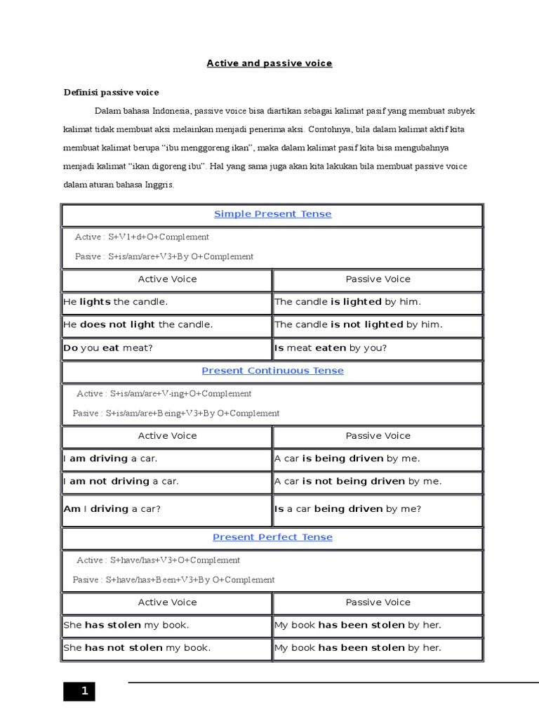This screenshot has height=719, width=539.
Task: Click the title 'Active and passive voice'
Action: point(269,63)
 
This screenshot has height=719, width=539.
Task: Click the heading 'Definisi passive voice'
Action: point(112,92)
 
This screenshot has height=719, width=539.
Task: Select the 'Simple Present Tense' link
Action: point(272,214)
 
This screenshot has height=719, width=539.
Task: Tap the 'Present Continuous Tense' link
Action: point(272,371)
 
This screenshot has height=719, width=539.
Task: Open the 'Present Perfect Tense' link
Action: point(272,537)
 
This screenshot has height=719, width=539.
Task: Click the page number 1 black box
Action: point(79,692)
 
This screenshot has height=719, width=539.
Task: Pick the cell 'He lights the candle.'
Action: point(116,302)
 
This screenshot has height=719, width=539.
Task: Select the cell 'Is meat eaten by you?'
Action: point(331,348)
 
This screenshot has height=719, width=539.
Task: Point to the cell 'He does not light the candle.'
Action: point(138,324)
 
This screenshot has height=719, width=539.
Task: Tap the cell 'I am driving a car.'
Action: point(110,459)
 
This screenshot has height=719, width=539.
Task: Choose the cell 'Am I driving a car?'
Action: point(112,508)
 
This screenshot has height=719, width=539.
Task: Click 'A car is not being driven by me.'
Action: point(358,481)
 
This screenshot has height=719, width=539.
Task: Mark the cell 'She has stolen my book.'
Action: point(126,625)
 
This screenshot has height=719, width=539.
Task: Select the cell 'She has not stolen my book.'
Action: point(137,647)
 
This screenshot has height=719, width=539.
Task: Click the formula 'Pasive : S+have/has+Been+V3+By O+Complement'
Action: point(173,580)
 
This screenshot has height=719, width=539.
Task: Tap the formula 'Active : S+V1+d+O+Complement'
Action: point(142,237)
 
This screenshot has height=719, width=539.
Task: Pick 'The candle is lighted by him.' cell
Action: point(347,302)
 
